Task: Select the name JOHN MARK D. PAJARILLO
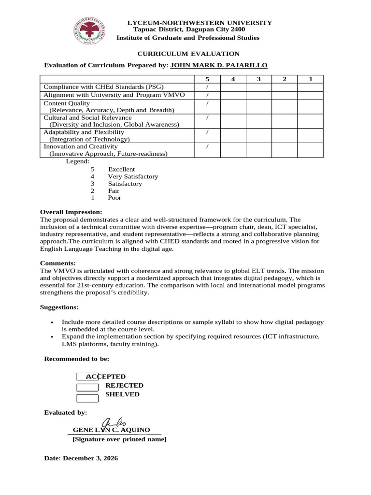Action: (x=219, y=65)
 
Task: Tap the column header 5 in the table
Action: (x=207, y=79)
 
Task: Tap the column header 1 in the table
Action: (x=310, y=79)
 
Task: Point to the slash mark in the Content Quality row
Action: (x=207, y=103)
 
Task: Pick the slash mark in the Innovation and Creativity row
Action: (x=207, y=146)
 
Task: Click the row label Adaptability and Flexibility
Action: (x=84, y=132)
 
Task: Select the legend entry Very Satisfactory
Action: (x=133, y=176)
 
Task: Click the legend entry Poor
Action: (x=114, y=198)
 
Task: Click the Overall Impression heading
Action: (x=71, y=212)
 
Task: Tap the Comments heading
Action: (x=57, y=263)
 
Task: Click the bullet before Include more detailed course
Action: (x=52, y=322)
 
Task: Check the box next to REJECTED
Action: (x=87, y=386)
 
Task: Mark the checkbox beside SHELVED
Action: (x=87, y=398)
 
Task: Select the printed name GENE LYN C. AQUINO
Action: (x=111, y=430)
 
